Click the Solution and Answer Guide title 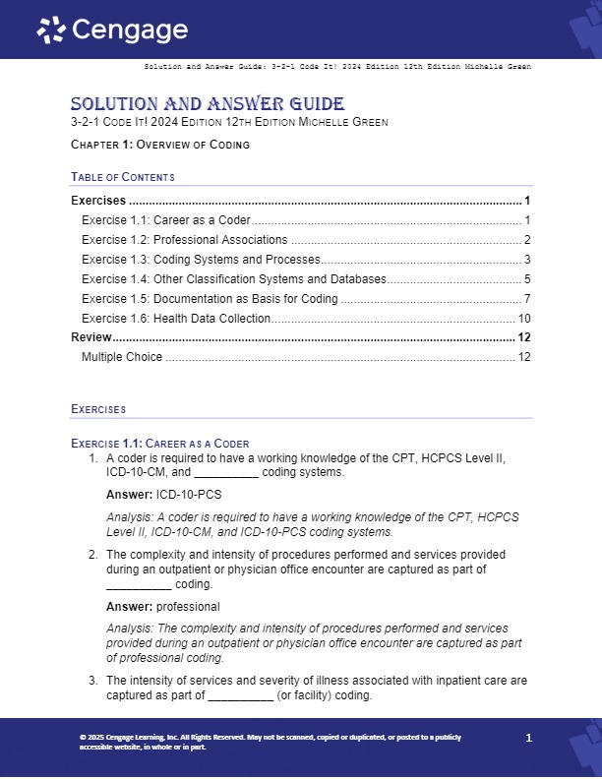(x=208, y=103)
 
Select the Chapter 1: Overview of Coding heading (x=160, y=145)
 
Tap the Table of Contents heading (x=123, y=177)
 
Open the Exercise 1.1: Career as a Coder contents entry (x=165, y=219)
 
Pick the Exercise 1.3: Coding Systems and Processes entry (x=201, y=259)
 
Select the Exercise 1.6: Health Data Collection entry (x=175, y=318)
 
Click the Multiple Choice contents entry (x=122, y=356)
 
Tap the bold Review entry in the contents (x=91, y=337)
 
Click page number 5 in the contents (x=527, y=278)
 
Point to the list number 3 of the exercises (x=93, y=680)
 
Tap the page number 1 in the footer (x=529, y=738)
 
